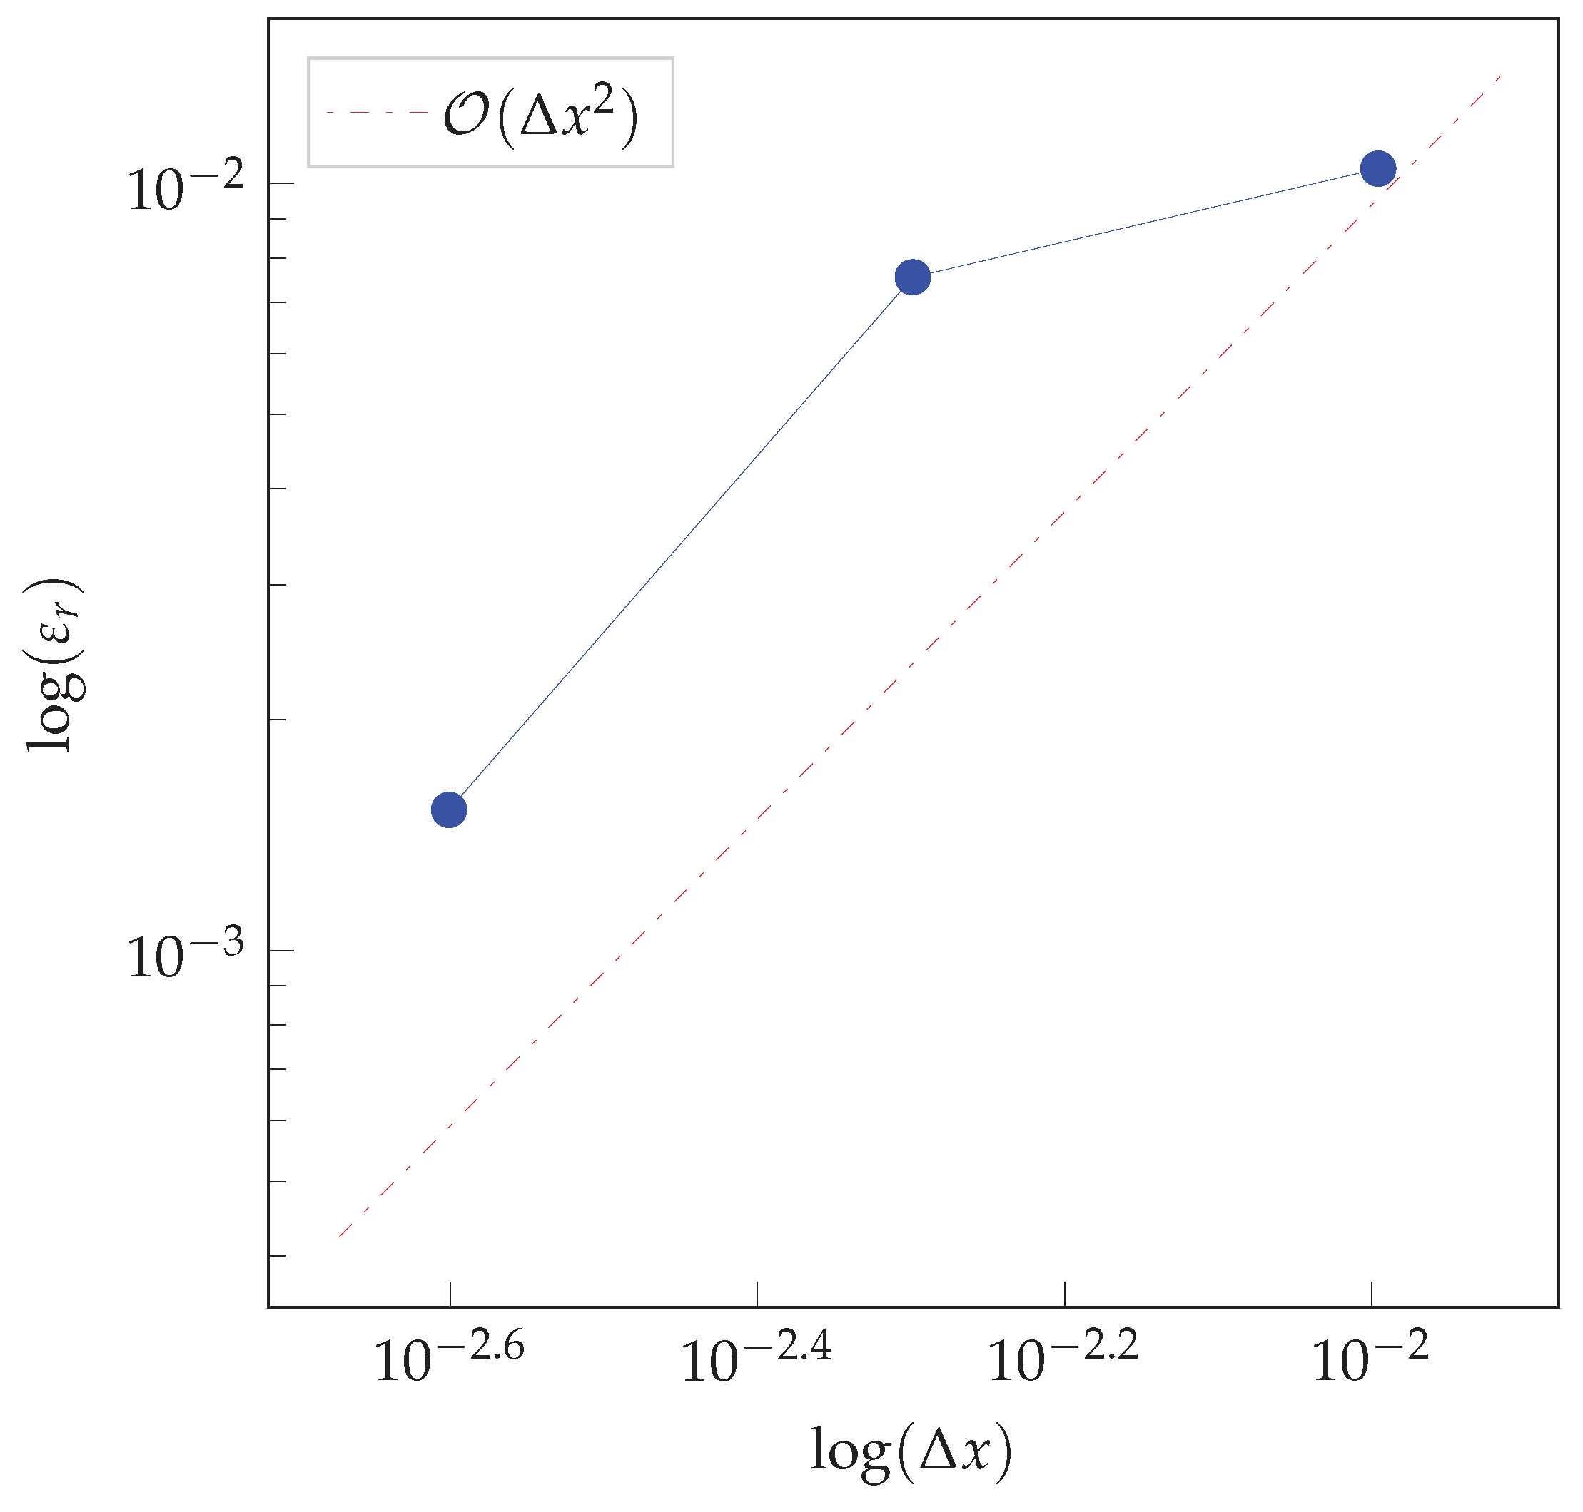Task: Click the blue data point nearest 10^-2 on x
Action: [x=1377, y=168]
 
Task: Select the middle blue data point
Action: [x=912, y=277]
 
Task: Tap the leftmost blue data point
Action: [x=449, y=810]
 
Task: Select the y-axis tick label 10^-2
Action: [x=186, y=190]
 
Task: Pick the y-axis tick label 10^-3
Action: [x=186, y=956]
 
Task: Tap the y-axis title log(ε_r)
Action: [x=55, y=664]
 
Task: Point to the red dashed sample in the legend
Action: [x=377, y=113]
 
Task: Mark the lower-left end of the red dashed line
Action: [x=339, y=1237]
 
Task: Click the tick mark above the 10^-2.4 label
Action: [x=757, y=1294]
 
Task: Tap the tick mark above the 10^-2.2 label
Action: [x=1064, y=1294]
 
